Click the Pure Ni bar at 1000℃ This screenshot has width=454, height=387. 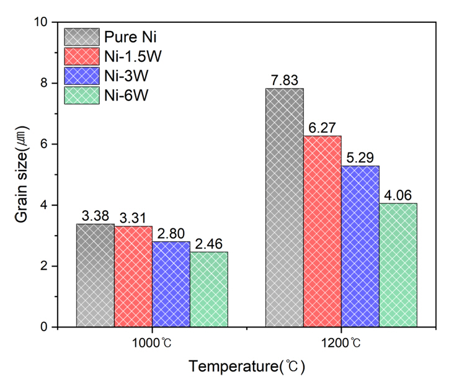[x=95, y=275]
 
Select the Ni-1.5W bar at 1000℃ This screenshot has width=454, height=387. [x=133, y=277]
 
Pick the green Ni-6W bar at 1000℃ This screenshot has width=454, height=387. [x=209, y=290]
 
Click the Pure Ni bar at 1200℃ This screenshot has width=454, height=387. [x=285, y=208]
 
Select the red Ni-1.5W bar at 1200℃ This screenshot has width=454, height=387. [x=323, y=231]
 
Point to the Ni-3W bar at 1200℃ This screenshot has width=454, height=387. [x=360, y=246]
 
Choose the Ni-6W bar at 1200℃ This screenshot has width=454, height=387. [x=398, y=265]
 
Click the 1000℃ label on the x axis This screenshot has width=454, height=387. [x=152, y=342]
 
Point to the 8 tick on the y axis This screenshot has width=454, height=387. [x=44, y=83]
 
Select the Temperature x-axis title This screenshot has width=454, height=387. [x=247, y=367]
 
